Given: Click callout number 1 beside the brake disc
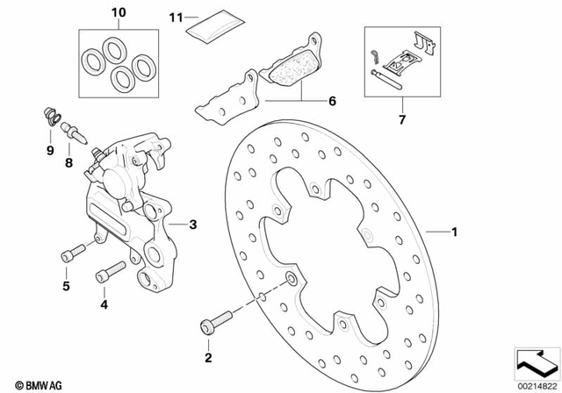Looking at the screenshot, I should click(x=454, y=233).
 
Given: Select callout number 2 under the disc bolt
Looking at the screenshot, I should click(x=209, y=357).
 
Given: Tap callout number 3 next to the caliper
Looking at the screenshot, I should click(x=193, y=225).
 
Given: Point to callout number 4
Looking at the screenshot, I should click(x=104, y=306).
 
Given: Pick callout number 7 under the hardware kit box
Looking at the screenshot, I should click(x=403, y=118).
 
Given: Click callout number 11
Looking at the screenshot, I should click(x=176, y=18).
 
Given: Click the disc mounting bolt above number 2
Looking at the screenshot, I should click(x=213, y=324).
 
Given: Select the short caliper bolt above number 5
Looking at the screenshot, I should click(x=71, y=254).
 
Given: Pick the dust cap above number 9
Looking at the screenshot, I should click(x=51, y=115).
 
